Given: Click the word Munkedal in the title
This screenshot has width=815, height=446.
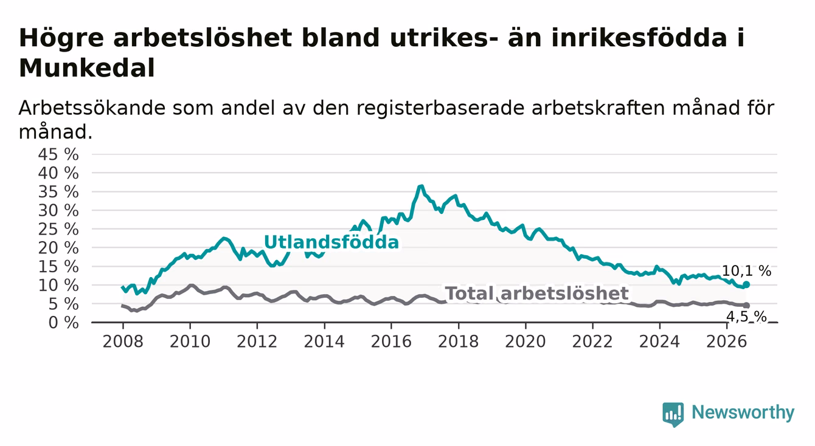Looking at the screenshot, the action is click(x=87, y=68).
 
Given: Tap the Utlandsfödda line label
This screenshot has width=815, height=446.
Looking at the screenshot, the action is click(x=331, y=242).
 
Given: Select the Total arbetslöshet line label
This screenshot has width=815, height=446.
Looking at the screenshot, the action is click(x=536, y=293).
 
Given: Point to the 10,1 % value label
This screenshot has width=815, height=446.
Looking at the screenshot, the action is click(x=746, y=271).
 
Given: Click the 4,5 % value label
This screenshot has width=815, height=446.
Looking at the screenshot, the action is click(x=746, y=317).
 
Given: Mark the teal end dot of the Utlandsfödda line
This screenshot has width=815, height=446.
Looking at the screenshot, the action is click(x=746, y=284).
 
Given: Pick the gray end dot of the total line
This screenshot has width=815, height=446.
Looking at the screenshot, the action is click(x=747, y=305).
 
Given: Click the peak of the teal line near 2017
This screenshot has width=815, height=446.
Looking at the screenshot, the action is click(x=421, y=187).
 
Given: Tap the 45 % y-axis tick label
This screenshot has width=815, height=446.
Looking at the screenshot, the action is click(x=58, y=154).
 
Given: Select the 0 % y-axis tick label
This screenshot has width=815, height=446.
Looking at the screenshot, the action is click(x=63, y=323).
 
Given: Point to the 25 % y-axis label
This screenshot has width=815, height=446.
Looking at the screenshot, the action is click(x=58, y=229).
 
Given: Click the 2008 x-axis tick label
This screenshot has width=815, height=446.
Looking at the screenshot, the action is click(x=123, y=341).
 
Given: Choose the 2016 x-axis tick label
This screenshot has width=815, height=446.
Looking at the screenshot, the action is click(x=391, y=341).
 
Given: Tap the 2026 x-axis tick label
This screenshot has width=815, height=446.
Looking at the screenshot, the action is click(x=727, y=341).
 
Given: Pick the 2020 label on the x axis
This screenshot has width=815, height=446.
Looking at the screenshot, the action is click(x=525, y=341).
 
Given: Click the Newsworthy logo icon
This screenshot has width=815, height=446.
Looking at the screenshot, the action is click(x=673, y=414).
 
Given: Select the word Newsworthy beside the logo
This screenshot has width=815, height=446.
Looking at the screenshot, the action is click(x=743, y=413).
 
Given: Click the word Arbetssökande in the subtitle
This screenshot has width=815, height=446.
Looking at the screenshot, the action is click(x=92, y=108).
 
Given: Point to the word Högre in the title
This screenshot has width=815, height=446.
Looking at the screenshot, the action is click(x=61, y=38).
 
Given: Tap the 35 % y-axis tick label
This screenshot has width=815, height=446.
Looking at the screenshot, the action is click(x=58, y=192).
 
